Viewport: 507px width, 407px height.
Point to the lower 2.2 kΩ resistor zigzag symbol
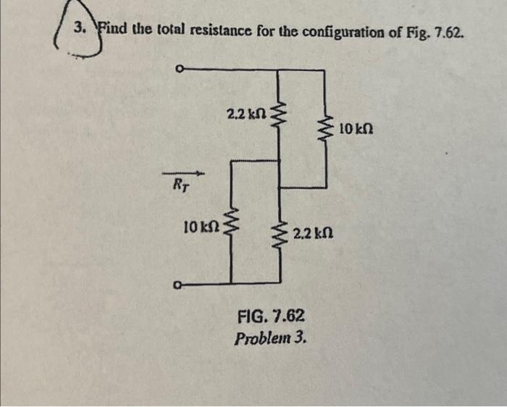tap(279, 232)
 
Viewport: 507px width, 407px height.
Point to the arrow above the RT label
tap(183, 174)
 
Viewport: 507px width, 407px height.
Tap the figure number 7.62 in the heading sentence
tap(445, 34)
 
